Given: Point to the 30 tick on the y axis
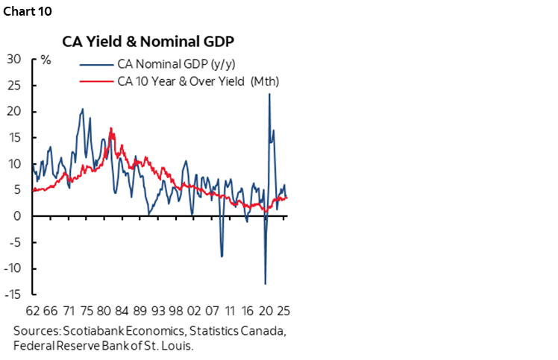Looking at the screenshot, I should point(14,59).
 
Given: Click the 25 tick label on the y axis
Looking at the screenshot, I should point(14,85).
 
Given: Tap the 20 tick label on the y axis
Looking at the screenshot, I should point(14,111).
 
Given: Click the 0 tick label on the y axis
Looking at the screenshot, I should point(17,216).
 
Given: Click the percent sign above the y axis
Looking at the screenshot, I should point(46,59).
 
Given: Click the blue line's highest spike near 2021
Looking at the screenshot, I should point(269,94).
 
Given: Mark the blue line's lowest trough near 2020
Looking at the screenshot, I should point(265,283).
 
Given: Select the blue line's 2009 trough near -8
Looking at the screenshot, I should point(222,256).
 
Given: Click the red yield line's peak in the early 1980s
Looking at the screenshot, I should point(110,129).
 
